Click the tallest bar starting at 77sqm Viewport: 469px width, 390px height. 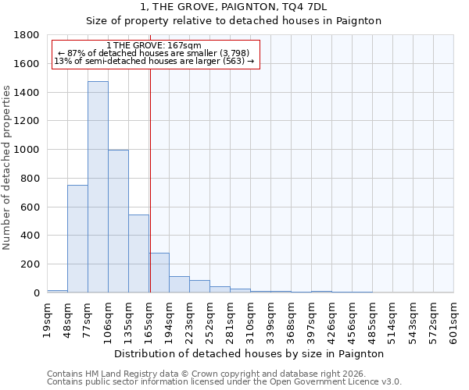pos(98,187)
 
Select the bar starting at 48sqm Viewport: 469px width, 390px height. pos(77,239)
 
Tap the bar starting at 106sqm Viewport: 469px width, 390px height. pos(118,222)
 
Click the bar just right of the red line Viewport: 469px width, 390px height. pos(159,273)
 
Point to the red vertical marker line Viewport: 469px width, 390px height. pos(150,172)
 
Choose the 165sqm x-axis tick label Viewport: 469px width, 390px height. pos(149,321)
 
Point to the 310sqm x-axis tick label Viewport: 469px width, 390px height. pos(251,321)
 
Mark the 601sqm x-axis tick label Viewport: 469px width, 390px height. pos(454,321)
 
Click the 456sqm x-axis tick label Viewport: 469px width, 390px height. pos(353,321)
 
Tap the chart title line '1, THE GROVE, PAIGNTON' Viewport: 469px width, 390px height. pos(234,7)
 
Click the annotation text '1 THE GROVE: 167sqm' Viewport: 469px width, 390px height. pos(154,46)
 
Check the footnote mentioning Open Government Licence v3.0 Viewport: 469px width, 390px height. pos(224,382)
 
